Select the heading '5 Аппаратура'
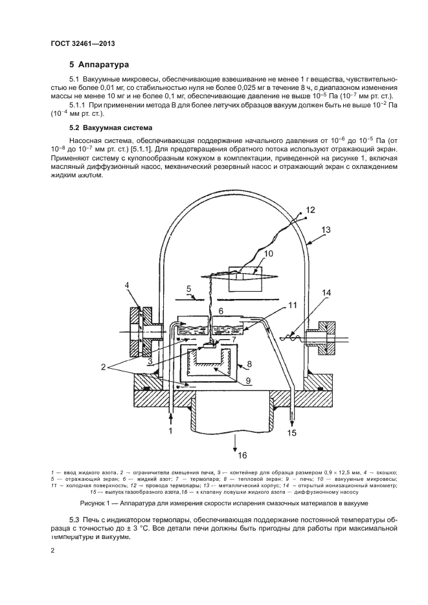100,65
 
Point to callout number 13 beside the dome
326,229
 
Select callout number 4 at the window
128,285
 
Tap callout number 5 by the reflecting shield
188,289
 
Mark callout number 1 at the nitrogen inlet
171,430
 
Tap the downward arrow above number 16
234,440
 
